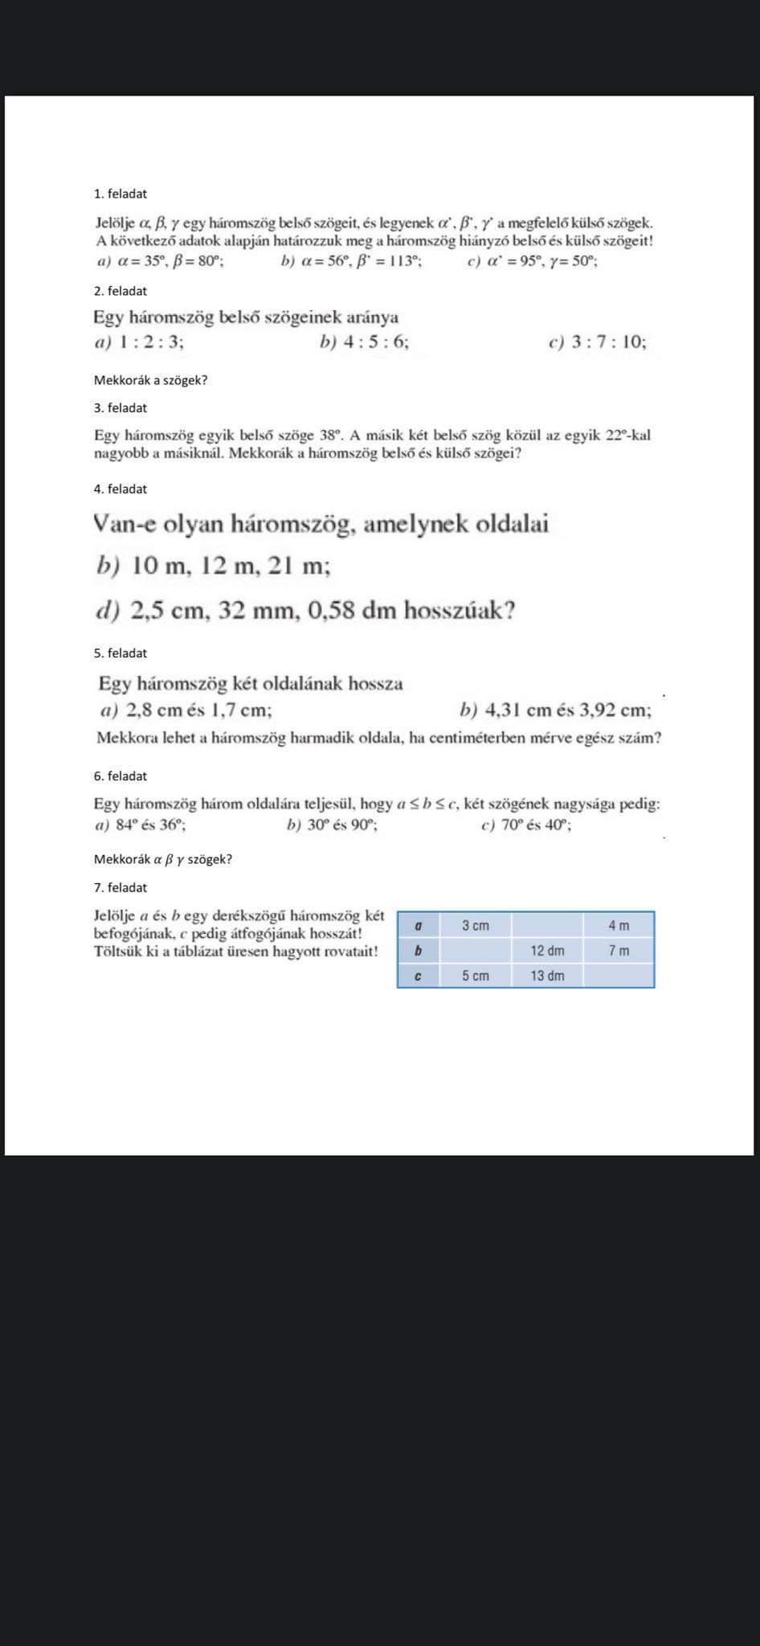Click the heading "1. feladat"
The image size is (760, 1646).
click(121, 194)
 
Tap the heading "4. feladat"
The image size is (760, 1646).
click(121, 489)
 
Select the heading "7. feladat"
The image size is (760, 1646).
click(121, 887)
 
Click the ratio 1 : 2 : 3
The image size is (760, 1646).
click(151, 342)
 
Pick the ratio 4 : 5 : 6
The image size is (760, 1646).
click(376, 342)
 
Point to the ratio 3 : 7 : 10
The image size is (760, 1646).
click(608, 342)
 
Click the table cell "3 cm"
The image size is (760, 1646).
click(476, 926)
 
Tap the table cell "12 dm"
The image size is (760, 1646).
click(547, 951)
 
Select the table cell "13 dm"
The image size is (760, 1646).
click(547, 976)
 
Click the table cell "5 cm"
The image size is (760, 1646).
click(476, 976)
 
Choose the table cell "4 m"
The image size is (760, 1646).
click(619, 926)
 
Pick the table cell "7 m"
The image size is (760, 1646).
click(619, 951)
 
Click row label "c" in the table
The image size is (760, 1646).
click(417, 976)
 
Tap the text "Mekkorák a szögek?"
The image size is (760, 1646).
click(150, 380)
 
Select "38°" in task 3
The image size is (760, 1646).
click(331, 436)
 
